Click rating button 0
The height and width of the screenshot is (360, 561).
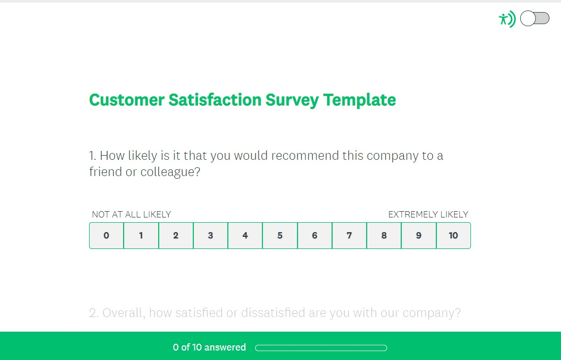[x=106, y=235]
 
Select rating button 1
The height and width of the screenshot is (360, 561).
[x=141, y=235]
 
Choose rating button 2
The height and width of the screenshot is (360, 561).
[x=175, y=235]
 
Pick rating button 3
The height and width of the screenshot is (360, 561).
[x=211, y=235]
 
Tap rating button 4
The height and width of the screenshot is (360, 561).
[x=245, y=235]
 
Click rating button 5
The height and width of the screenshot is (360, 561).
[x=280, y=235]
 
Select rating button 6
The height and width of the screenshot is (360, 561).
[x=314, y=235]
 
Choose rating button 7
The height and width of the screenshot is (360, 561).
[x=349, y=235]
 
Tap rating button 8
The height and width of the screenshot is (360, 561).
[x=384, y=235]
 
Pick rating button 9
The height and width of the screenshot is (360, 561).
[x=419, y=235]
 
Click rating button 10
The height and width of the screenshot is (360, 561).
[x=453, y=235]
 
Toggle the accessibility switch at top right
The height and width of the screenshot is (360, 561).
[x=534, y=19]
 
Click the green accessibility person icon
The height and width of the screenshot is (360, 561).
[x=507, y=19]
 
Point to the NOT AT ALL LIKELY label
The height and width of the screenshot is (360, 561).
[x=131, y=214]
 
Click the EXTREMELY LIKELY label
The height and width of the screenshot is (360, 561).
[x=428, y=214]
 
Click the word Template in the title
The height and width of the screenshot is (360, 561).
[x=359, y=100]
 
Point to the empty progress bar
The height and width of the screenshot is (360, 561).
[x=321, y=348]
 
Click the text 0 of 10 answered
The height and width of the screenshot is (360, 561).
[x=210, y=347]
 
